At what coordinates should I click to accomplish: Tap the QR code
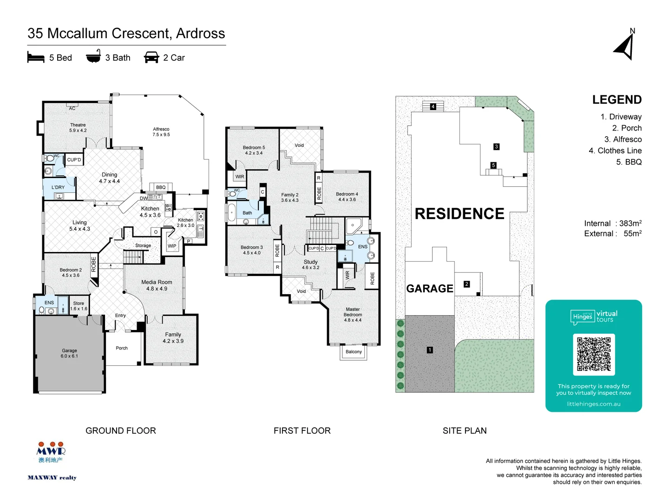[x=594, y=354]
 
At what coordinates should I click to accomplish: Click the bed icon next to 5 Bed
[x=36, y=58]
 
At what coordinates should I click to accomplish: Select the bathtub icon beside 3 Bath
[x=93, y=57]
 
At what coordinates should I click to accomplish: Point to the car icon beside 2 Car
[x=151, y=58]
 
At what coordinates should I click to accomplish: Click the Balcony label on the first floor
[x=354, y=352]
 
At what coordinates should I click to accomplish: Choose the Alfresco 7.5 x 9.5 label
[x=161, y=132]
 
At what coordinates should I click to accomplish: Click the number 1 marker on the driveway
[x=430, y=350]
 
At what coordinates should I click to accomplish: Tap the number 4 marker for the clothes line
[x=433, y=106]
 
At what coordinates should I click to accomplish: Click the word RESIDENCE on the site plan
[x=459, y=214]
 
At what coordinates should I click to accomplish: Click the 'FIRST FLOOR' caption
[x=302, y=431]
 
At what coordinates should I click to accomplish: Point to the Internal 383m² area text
[x=612, y=224]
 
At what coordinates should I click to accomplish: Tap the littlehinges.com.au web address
[x=593, y=404]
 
